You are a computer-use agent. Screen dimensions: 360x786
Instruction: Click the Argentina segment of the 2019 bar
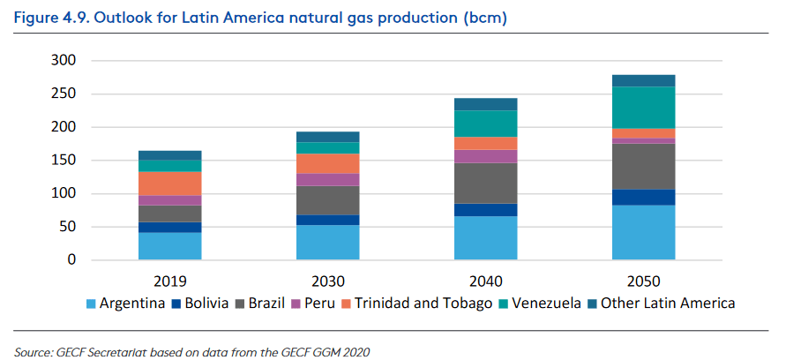[x=169, y=245]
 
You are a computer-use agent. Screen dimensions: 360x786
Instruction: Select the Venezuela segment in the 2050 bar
[x=643, y=107]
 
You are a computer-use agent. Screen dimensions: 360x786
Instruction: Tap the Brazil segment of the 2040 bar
[x=485, y=183]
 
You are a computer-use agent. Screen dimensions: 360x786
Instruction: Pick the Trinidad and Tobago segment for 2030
[x=327, y=163]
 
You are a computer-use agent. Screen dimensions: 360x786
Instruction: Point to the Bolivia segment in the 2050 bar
[x=643, y=197]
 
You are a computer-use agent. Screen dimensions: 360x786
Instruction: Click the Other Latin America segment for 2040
[x=485, y=104]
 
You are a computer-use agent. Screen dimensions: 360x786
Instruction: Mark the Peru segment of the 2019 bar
[x=169, y=200]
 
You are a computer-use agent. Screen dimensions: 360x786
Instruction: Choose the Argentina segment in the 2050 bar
[x=643, y=232]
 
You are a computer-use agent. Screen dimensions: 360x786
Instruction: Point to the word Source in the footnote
[x=34, y=351]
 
